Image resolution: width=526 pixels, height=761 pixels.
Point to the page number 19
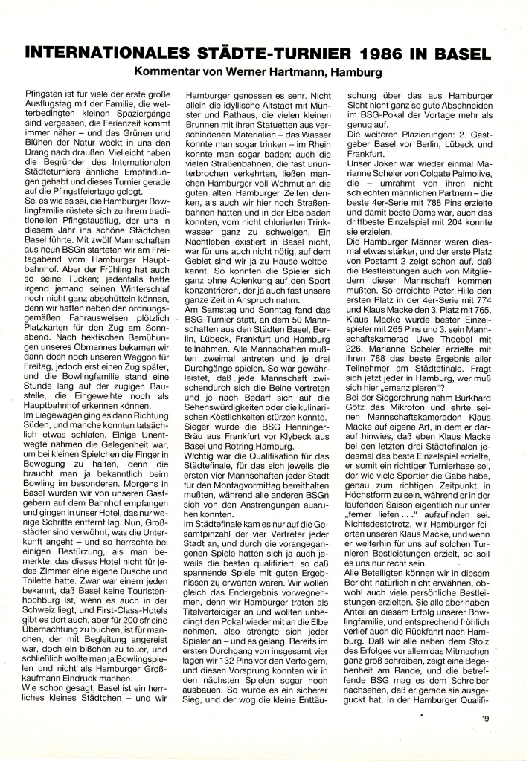[485, 718]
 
